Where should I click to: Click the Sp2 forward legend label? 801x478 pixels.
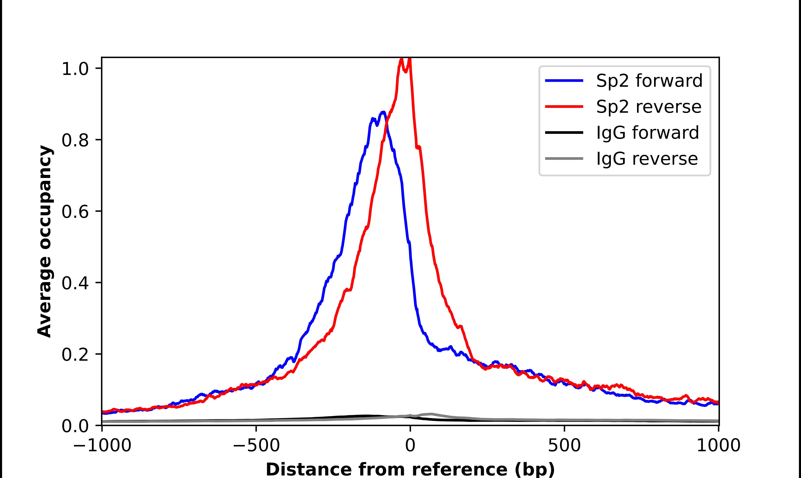[649, 81]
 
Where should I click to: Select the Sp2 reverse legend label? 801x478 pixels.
[648, 107]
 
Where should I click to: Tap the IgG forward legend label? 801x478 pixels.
[647, 133]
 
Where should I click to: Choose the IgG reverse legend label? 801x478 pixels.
[647, 159]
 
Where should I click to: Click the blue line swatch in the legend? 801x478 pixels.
[564, 81]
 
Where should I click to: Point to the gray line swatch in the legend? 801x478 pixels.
[564, 158]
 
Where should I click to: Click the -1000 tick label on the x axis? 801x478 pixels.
[102, 446]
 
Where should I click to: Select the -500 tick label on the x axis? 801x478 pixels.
[256, 446]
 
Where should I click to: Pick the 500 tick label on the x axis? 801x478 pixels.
[564, 446]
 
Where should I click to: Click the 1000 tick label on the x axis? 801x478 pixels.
[719, 446]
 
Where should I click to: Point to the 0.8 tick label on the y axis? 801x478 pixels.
[75, 140]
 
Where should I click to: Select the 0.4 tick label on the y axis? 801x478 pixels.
[75, 283]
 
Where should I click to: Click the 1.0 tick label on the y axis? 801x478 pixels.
[75, 69]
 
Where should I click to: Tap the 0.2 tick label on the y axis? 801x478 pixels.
[75, 355]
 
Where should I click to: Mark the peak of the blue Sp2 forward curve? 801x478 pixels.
[383, 112]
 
